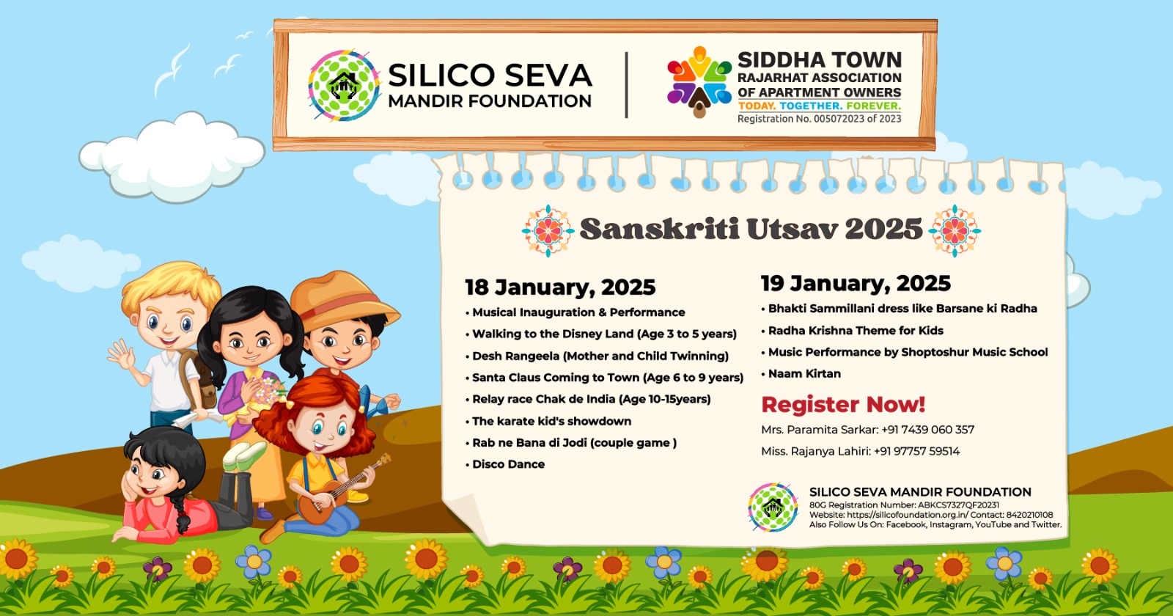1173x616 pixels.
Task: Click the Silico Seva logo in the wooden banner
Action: pyautogui.click(x=344, y=85)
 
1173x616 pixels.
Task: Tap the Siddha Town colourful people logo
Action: pyautogui.click(x=699, y=81)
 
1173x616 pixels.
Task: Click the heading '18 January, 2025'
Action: pyautogui.click(x=560, y=287)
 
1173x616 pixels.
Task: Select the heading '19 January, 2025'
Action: pyautogui.click(x=856, y=283)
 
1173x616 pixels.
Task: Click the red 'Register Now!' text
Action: pyautogui.click(x=843, y=404)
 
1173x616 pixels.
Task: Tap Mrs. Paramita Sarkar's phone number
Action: pyautogui.click(x=928, y=430)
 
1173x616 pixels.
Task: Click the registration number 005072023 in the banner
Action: pyautogui.click(x=837, y=119)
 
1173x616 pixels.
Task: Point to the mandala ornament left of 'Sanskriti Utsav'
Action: pyautogui.click(x=548, y=230)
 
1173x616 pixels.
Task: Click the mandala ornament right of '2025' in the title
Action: pyautogui.click(x=955, y=230)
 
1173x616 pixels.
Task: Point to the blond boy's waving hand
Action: pyautogui.click(x=121, y=355)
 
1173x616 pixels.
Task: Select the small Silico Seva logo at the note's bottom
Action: pyautogui.click(x=773, y=507)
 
